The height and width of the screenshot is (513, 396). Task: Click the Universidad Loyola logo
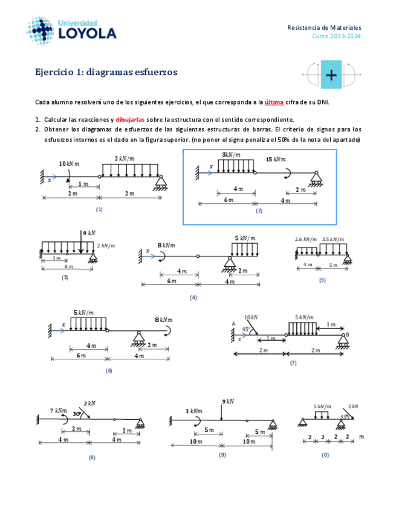pyautogui.click(x=72, y=30)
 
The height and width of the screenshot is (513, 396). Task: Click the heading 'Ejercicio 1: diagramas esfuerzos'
pyautogui.click(x=106, y=72)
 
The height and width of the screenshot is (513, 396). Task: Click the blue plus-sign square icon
pyautogui.click(x=331, y=74)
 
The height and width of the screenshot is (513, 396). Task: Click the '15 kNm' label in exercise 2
pyautogui.click(x=276, y=159)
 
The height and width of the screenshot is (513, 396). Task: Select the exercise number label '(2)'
pyautogui.click(x=259, y=211)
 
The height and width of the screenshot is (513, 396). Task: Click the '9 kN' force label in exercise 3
pyautogui.click(x=88, y=232)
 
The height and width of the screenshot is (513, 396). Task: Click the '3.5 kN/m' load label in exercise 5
pyautogui.click(x=333, y=239)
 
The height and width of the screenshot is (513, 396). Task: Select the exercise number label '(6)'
pyautogui.click(x=109, y=370)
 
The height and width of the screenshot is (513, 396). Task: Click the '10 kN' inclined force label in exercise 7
pyautogui.click(x=250, y=317)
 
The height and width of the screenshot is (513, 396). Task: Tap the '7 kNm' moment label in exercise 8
pyautogui.click(x=59, y=410)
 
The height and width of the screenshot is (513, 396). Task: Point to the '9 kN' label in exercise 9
pyautogui.click(x=228, y=401)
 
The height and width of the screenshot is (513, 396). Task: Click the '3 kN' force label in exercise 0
pyautogui.click(x=352, y=406)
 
